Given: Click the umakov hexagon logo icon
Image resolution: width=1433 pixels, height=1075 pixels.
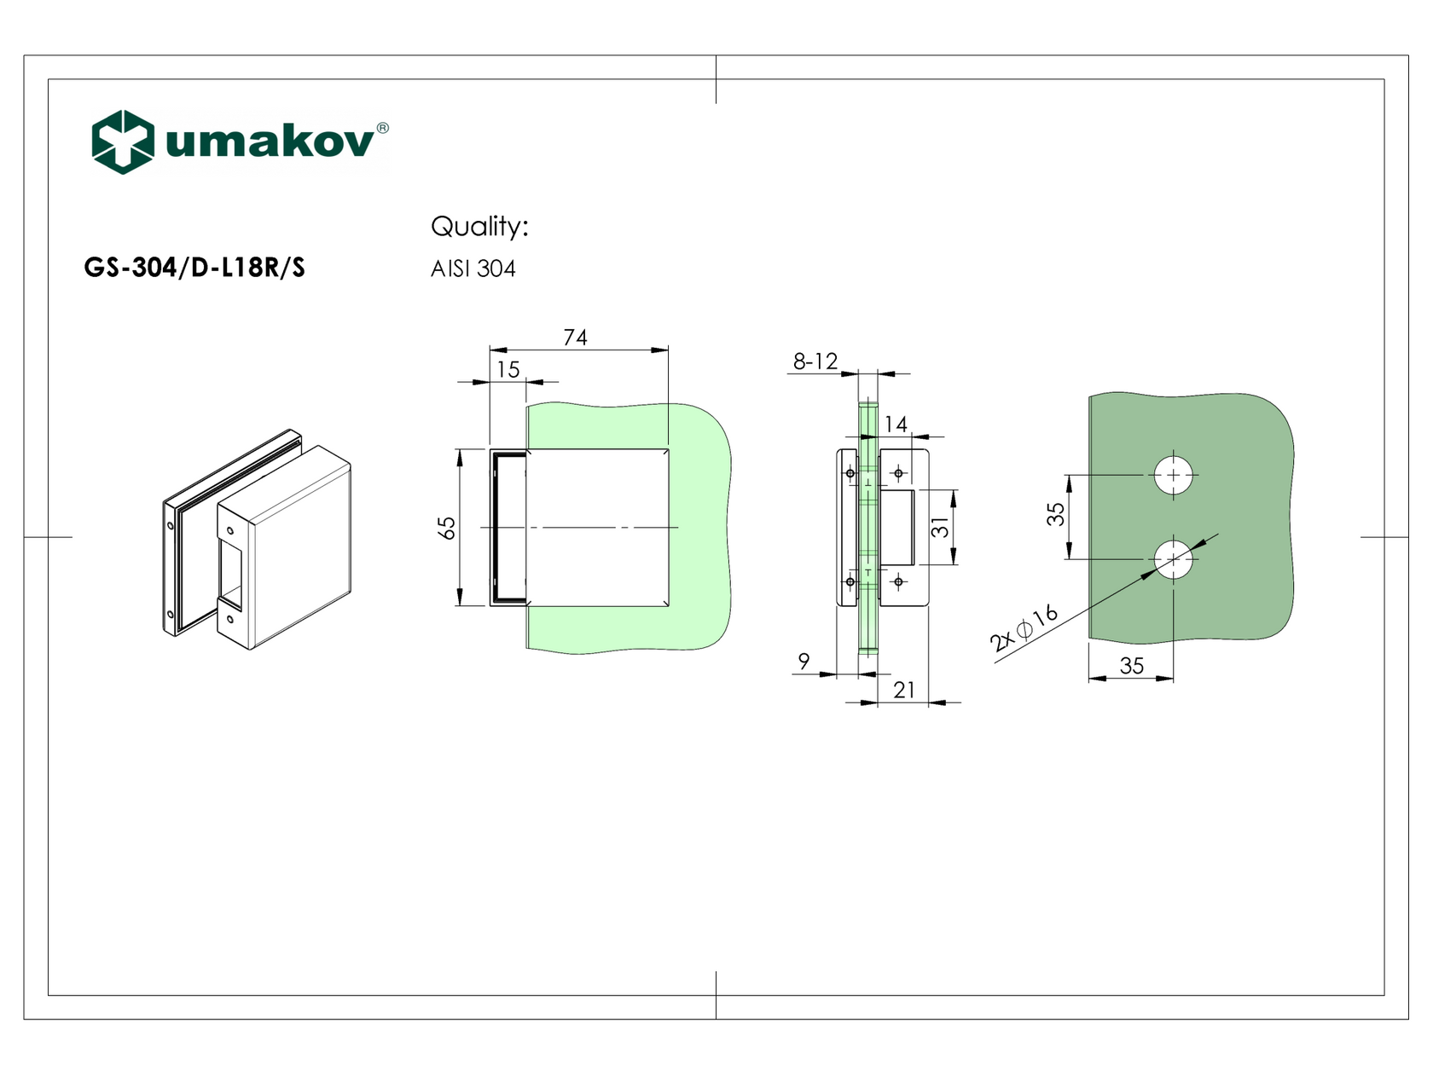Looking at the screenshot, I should click(123, 142).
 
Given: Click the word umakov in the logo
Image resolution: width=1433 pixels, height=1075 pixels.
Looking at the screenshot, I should click(270, 142).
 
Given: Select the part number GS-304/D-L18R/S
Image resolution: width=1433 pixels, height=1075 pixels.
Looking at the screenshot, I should click(194, 268).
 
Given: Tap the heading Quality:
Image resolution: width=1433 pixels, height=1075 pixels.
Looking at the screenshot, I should click(479, 227).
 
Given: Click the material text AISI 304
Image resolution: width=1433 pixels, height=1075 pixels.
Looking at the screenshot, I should click(473, 269).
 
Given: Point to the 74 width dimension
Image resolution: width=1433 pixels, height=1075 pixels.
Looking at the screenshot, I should click(575, 338).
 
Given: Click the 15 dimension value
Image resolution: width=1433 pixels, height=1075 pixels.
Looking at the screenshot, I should click(508, 370).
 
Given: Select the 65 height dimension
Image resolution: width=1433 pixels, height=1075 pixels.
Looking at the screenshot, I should click(447, 528).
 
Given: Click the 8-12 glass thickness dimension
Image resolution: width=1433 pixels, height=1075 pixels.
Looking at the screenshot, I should click(815, 361).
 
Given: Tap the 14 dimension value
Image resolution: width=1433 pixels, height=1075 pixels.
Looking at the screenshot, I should click(896, 424).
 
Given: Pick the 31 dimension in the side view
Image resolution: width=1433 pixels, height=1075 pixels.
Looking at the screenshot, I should click(939, 528).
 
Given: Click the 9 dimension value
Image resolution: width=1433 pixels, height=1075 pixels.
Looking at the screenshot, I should click(804, 661).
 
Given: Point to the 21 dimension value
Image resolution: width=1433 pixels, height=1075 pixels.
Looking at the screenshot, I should click(904, 690).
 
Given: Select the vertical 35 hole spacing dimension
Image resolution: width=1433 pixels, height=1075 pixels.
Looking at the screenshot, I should click(1056, 514).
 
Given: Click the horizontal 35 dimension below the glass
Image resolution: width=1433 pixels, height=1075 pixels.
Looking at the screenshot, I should click(1131, 666).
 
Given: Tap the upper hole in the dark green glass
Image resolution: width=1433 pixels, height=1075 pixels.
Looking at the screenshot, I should click(1174, 475).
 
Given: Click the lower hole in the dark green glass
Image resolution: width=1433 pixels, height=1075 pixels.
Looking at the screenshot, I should click(1174, 559).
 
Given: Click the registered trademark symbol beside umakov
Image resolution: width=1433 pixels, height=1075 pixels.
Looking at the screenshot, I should click(382, 128).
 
